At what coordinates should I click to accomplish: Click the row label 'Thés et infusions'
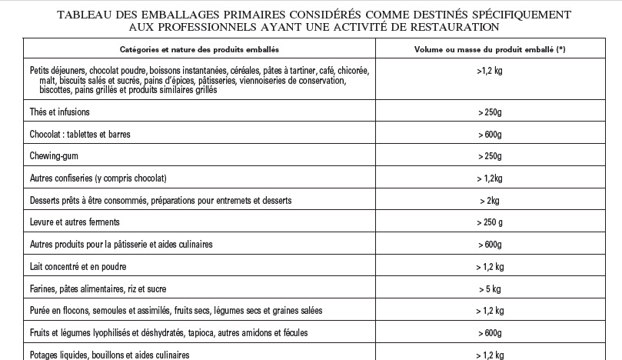pyautogui.click(x=59, y=112)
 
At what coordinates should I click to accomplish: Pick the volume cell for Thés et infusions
pyautogui.click(x=489, y=112)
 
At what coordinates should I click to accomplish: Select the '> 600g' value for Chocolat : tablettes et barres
pyautogui.click(x=489, y=134)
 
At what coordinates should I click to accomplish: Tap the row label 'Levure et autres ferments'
pyautogui.click(x=75, y=222)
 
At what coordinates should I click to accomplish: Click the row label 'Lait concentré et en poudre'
pyautogui.click(x=78, y=267)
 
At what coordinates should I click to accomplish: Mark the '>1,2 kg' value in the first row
pyautogui.click(x=489, y=70)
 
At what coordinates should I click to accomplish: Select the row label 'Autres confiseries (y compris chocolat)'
pyautogui.click(x=98, y=178)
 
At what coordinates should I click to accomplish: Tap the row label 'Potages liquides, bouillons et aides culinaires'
pyautogui.click(x=109, y=355)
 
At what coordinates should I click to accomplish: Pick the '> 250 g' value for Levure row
pyautogui.click(x=489, y=222)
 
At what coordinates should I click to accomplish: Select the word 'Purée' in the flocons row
pyautogui.click(x=41, y=311)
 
